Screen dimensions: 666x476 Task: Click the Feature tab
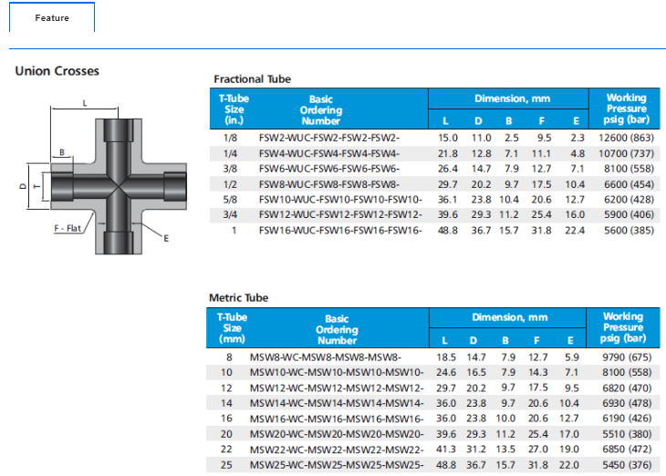pyautogui.click(x=52, y=17)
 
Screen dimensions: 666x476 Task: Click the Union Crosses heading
pyautogui.click(x=57, y=71)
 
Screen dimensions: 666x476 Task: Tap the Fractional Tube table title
pyautogui.click(x=253, y=79)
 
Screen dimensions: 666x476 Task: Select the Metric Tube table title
pyautogui.click(x=239, y=297)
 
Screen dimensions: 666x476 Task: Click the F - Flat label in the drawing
pyautogui.click(x=68, y=229)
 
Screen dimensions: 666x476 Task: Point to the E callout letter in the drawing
pyautogui.click(x=166, y=239)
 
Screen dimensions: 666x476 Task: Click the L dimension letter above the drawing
pyautogui.click(x=85, y=103)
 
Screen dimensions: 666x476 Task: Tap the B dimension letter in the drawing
pyautogui.click(x=62, y=152)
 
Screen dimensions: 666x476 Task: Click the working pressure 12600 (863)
pyautogui.click(x=626, y=138)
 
